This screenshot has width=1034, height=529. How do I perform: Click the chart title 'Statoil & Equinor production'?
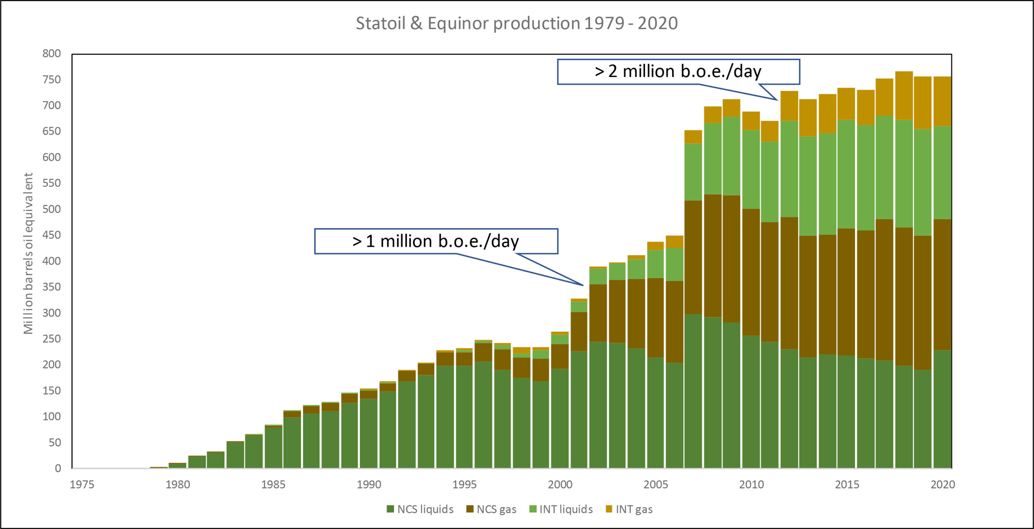516,23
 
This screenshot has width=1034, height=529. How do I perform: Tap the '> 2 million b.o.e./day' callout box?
678,72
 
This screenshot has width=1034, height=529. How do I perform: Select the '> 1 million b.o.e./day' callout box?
436,241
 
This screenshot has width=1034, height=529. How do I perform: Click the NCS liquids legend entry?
420,509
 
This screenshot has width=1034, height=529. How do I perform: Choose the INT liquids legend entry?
561,509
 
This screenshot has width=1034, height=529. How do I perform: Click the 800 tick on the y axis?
52,53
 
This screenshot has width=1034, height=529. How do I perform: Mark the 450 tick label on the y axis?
52,235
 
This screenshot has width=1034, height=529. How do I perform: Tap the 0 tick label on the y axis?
58,468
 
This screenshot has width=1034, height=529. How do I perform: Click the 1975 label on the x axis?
82,485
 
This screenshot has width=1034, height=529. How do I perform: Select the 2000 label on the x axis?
560,485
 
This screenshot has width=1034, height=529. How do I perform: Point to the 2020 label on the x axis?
942,485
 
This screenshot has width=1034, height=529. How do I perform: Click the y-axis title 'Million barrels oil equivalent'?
28,254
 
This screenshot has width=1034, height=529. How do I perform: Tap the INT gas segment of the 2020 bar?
942,101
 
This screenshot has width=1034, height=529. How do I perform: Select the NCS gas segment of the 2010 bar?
751,272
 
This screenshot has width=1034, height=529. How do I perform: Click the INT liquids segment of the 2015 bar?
846,174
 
